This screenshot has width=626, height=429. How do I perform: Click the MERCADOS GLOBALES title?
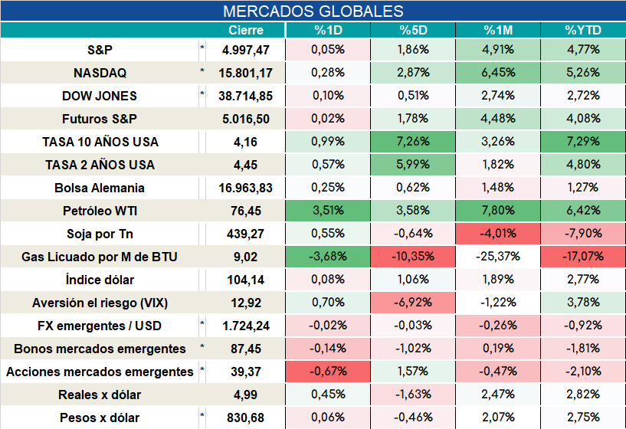point(313,11)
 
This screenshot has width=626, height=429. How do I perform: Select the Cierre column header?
point(246,31)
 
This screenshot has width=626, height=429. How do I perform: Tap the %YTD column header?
point(583,31)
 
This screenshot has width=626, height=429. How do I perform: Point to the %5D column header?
point(413,31)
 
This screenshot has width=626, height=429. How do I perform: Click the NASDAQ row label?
point(100,73)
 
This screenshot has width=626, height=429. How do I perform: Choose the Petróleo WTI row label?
point(100,211)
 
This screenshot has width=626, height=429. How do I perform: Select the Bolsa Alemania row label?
point(100,188)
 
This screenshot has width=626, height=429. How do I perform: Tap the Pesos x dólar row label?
point(100,418)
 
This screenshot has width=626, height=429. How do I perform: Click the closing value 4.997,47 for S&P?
point(246,50)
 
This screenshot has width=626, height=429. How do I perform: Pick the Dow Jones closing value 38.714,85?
point(245,96)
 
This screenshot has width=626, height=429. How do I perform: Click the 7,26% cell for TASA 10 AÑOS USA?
point(413,142)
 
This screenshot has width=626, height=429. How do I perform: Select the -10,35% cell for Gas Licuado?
point(413,257)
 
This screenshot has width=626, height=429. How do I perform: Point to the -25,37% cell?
point(498,257)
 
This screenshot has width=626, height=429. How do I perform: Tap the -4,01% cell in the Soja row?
point(498,234)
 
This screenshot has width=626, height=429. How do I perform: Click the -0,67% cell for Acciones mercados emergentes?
point(328,372)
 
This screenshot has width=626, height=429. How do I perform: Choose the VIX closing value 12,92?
point(246,303)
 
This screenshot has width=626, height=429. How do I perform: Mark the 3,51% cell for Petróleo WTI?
point(328,211)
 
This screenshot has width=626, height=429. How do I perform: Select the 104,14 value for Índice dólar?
point(246,280)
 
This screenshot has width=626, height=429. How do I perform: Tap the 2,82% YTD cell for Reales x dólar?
point(583,395)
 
